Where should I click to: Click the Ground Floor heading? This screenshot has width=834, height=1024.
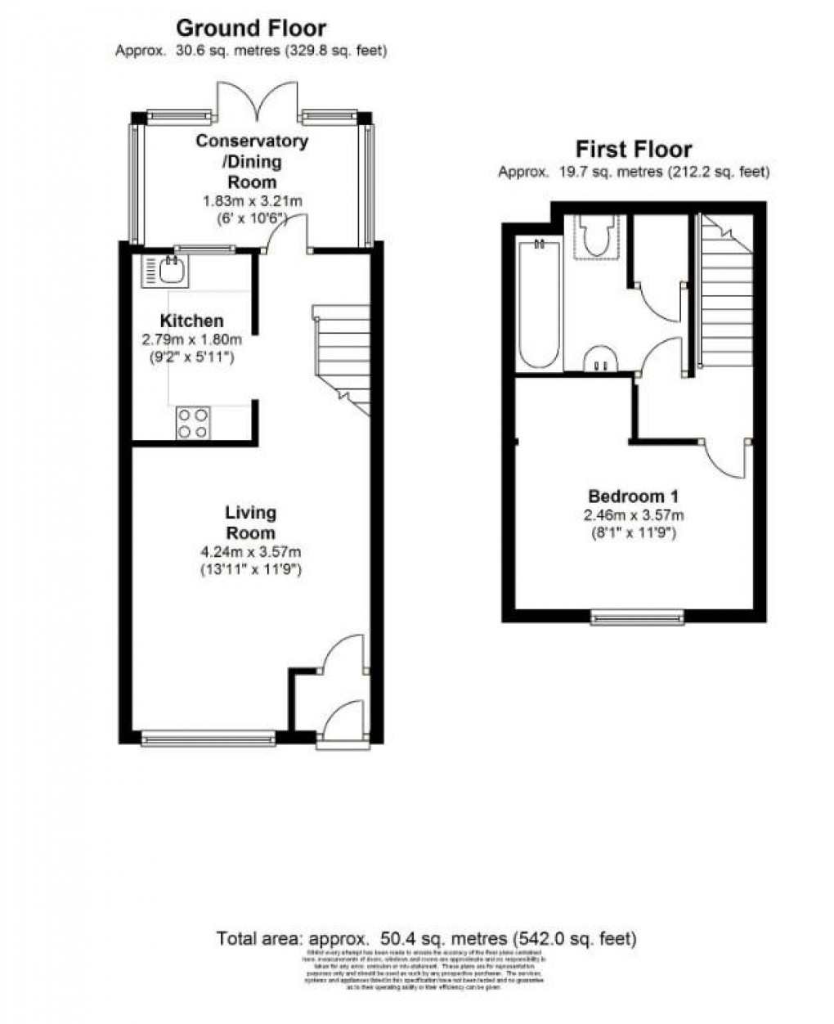coord(251,29)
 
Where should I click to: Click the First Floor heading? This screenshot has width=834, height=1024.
coord(634,150)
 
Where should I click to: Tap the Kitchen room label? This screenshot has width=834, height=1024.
coord(191,321)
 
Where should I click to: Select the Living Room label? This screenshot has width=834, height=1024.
coord(251,522)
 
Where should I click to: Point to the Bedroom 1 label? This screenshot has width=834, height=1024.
coord(634,496)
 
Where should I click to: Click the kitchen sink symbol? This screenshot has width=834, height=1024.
coord(161,271)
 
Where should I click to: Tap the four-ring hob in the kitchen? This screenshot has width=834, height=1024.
coord(193,422)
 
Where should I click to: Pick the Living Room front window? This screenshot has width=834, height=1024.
coord(209,738)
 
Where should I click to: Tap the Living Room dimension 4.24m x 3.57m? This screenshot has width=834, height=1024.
coord(252,552)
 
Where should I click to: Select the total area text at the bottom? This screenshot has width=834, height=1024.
coord(426,938)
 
